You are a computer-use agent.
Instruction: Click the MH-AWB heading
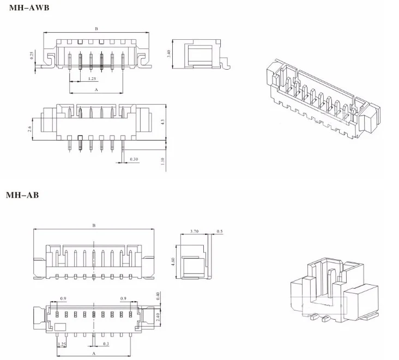click(x=29, y=8)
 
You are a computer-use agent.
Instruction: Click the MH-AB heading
click(x=22, y=195)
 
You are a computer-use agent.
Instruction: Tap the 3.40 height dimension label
click(x=168, y=53)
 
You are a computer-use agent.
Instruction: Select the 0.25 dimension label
click(x=32, y=56)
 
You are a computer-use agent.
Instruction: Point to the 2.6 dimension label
click(x=30, y=129)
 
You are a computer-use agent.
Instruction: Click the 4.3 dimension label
click(x=162, y=122)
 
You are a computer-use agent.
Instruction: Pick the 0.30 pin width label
click(x=134, y=159)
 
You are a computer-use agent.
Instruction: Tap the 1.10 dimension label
click(x=163, y=161)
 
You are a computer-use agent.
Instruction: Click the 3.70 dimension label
click(x=195, y=231)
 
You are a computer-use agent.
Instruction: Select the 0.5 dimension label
click(x=219, y=231)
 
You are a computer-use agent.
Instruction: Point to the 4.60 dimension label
click(x=173, y=262)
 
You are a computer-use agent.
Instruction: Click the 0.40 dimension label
click(x=158, y=296)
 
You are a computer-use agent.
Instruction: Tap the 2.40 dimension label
click(x=158, y=317)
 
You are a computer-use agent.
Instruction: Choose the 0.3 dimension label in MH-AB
click(x=106, y=344)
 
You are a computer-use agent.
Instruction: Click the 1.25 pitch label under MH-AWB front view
click(x=92, y=78)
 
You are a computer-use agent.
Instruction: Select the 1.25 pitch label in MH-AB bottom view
click(x=62, y=344)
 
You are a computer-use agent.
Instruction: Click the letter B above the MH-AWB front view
click(x=96, y=29)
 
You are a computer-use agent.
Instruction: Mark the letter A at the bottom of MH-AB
click(x=94, y=353)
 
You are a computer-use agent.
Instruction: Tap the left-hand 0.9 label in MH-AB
click(x=63, y=298)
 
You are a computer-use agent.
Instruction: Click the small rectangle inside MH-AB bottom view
click(x=61, y=327)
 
